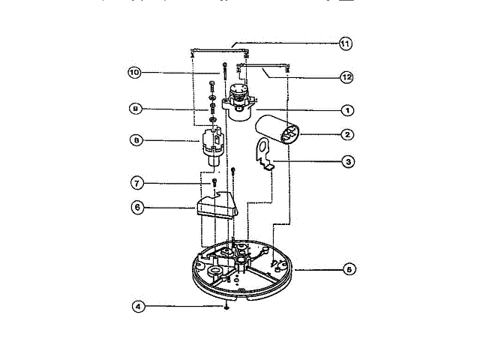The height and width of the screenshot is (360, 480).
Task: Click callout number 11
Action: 345,43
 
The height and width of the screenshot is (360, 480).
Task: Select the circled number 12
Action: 346,76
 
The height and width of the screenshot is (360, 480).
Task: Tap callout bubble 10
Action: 134,73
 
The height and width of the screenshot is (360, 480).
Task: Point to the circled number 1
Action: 346,109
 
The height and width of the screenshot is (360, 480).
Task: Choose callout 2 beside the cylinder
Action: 346,135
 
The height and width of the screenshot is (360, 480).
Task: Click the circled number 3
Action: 346,160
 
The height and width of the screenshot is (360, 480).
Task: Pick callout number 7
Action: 136,183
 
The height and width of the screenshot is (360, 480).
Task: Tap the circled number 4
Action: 136,306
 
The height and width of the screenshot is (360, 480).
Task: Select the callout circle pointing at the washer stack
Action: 135,109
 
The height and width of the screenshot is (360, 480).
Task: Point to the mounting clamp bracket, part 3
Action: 262,154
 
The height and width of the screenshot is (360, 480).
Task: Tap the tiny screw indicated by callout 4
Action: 226,307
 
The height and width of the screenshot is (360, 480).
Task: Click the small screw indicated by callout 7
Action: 214,182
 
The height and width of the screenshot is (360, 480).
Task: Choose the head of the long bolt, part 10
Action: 223,68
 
